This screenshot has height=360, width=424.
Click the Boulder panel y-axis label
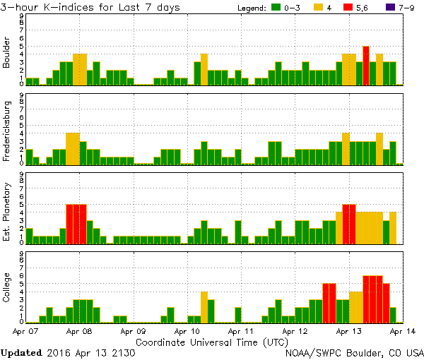7,52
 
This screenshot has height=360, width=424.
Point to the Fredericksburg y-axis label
7,131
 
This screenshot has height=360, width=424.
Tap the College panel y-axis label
7,288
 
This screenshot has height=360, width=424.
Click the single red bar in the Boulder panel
366,66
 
